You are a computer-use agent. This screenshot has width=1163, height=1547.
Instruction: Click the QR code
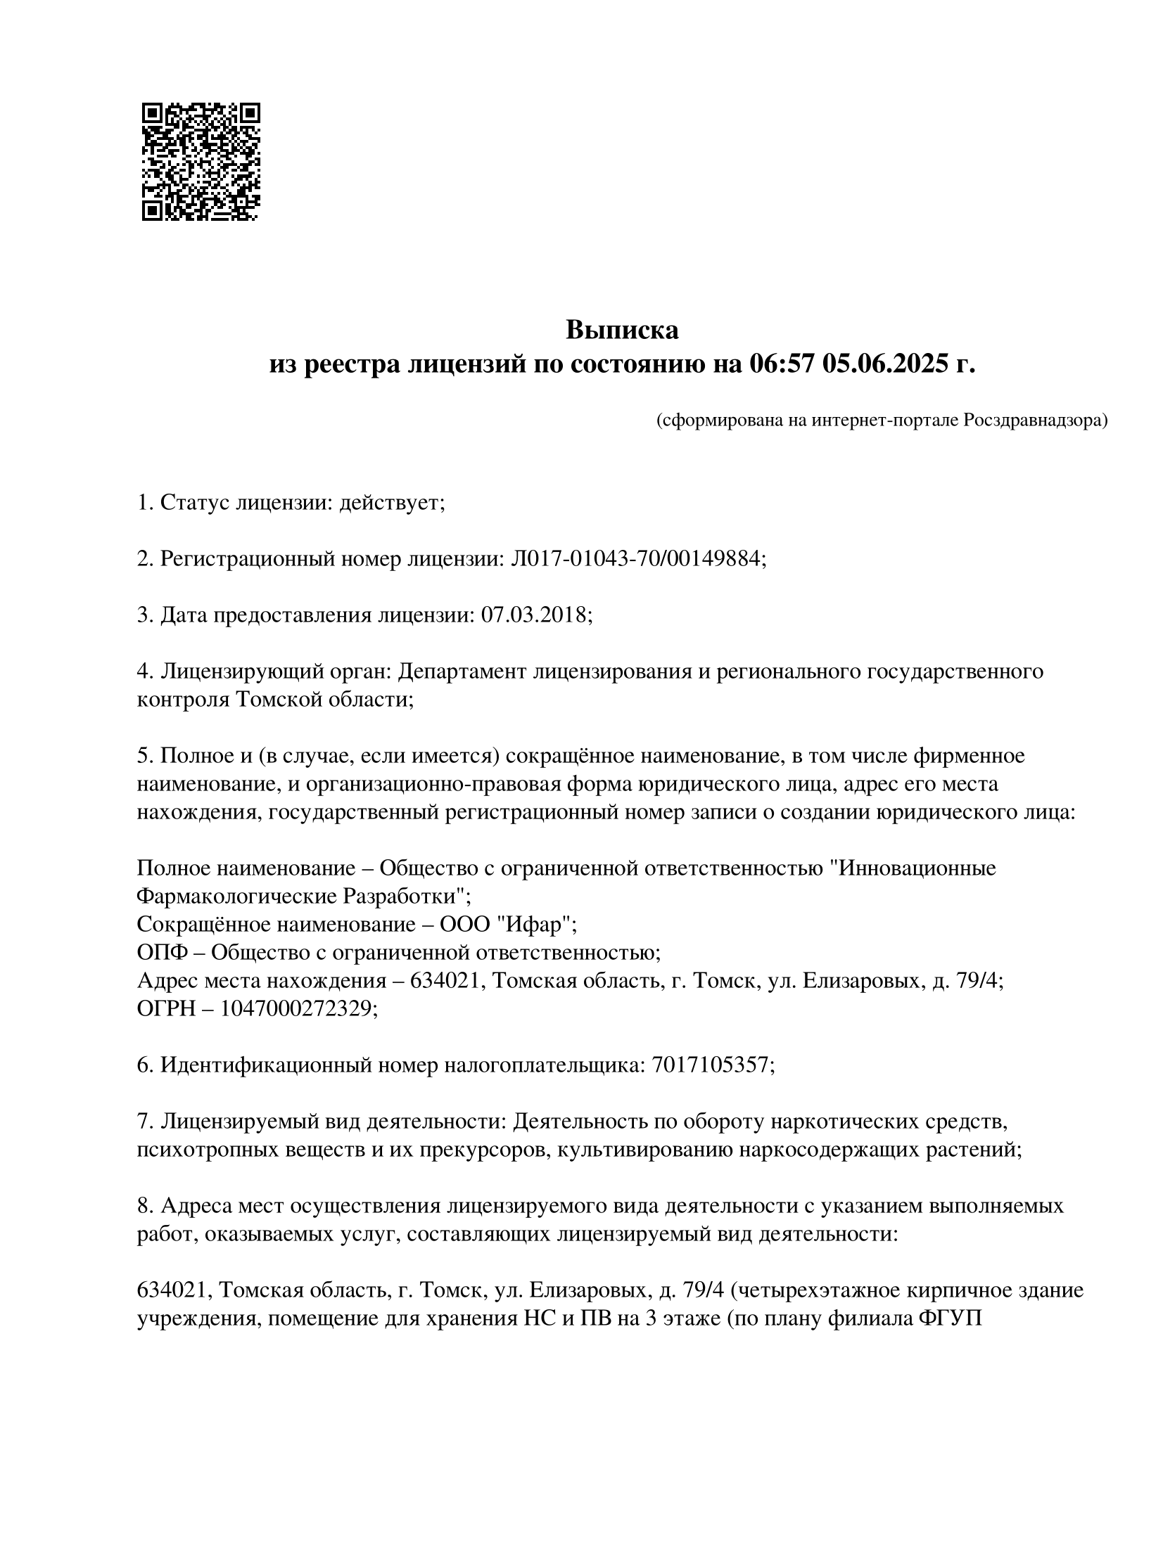[x=201, y=162]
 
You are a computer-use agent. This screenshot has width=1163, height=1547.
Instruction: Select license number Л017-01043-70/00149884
[x=637, y=559]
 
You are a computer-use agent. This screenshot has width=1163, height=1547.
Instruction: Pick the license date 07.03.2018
[x=537, y=615]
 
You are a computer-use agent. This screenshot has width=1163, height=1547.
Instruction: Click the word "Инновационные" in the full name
[x=913, y=868]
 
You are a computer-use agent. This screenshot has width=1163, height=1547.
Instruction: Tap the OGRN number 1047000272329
[x=296, y=1009]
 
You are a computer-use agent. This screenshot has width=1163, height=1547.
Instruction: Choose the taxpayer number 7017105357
[x=711, y=1065]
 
